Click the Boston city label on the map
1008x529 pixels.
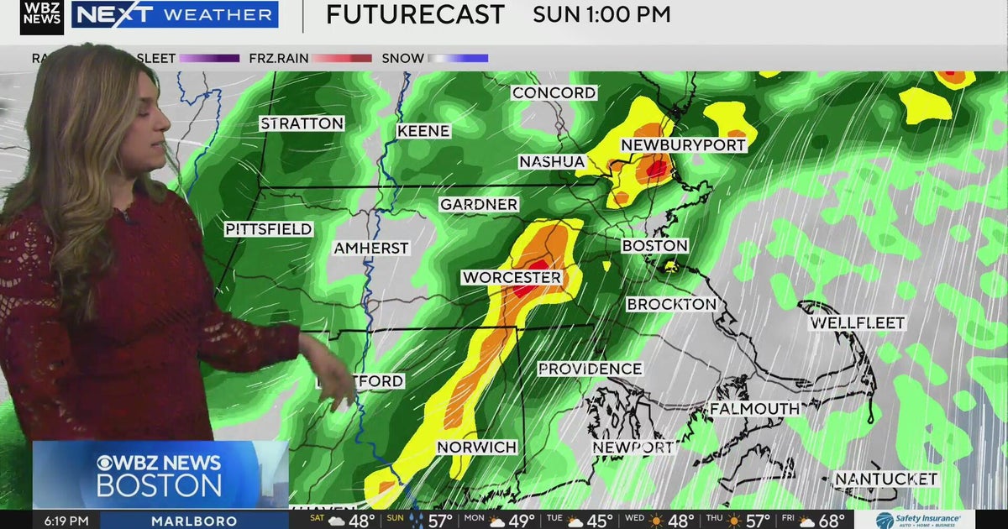coord(654,246)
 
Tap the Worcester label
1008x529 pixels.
coord(511,277)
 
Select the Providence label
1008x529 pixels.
coord(590,369)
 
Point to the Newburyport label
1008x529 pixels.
coord(683,145)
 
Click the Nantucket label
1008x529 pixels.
coord(885,479)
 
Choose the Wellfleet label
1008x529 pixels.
coord(858,322)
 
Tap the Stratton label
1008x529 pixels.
coord(302,123)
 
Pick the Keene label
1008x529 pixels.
coord(423,131)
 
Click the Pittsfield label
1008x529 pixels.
coord(269,228)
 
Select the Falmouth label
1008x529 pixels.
coord(754,408)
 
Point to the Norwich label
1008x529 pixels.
coord(476,448)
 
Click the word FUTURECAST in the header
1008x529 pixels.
coord(415,14)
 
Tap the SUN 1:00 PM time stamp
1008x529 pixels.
coord(601,14)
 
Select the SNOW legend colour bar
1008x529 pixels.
coord(459,59)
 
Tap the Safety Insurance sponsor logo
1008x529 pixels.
coord(918,521)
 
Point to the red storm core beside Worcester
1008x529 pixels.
coord(525,290)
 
